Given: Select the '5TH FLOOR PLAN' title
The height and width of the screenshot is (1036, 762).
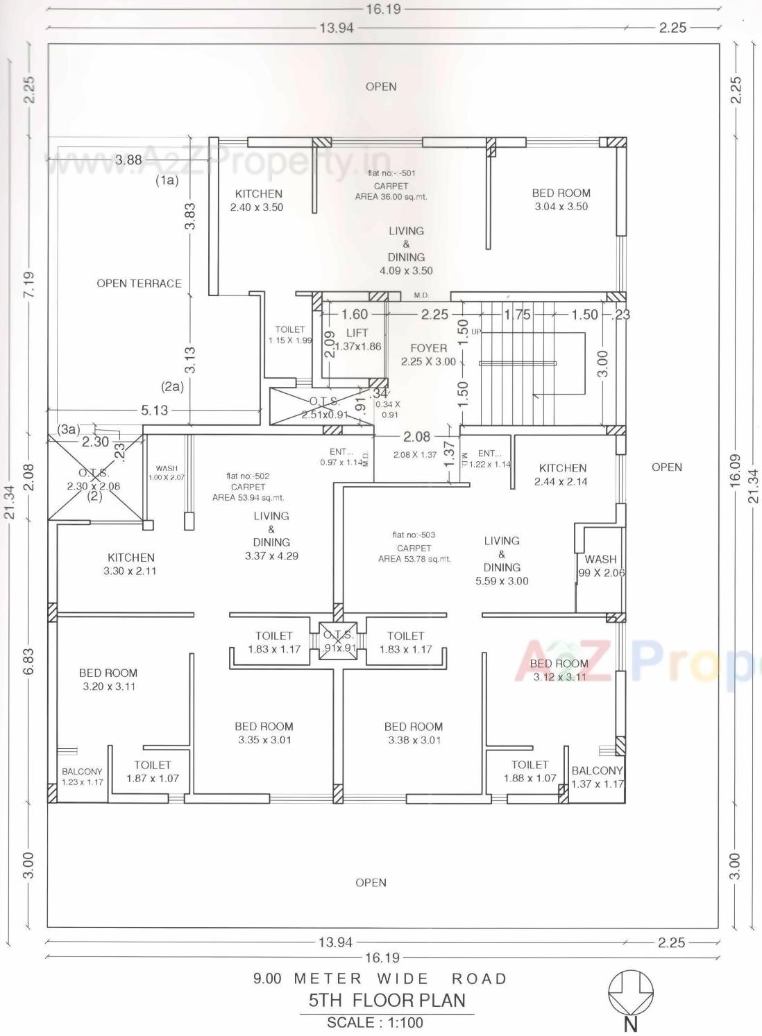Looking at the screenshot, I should coord(387,1000).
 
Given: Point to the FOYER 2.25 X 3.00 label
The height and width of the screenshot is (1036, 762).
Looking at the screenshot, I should coord(429,354).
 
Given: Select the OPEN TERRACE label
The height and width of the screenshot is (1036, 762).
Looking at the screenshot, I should coord(139,284).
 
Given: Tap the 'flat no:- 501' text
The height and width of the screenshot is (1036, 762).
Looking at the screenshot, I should coord(391,173).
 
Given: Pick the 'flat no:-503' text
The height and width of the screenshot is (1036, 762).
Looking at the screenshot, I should coord(414,535).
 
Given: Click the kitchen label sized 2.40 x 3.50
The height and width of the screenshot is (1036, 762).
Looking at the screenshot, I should coord(258,200).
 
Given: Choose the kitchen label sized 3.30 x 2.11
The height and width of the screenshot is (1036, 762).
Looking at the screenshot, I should coord(130,564).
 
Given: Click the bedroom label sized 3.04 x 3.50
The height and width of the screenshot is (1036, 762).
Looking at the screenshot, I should coord(561,200).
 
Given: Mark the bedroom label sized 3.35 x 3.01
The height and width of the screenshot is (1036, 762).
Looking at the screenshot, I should coord(264,733).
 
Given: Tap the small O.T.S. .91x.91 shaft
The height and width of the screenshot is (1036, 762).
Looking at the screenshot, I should coord(339,641).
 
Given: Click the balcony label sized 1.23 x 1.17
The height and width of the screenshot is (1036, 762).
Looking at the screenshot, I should coord(82,777).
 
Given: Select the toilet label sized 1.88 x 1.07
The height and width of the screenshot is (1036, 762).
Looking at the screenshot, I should coord(530,771).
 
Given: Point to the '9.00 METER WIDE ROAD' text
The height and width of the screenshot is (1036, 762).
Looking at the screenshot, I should coord(380,978).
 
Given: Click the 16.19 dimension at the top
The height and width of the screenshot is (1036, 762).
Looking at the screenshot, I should coord(383,10).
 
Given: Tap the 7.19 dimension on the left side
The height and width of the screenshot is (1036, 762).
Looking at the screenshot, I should coord(28,284).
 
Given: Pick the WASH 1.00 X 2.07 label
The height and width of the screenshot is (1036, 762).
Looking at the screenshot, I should coord(167,473).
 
